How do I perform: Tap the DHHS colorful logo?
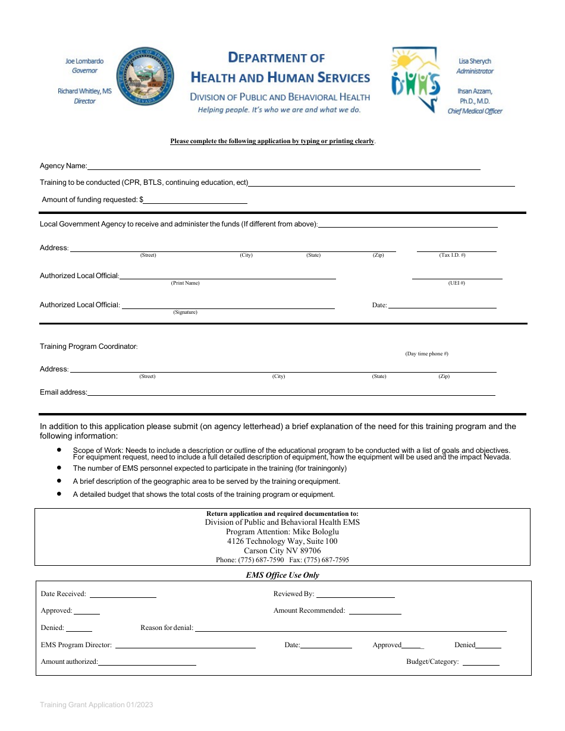coord(416,80)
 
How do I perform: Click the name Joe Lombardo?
coord(84,61)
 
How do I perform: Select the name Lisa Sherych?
coord(475,61)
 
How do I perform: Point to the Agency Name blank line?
coord(284,168)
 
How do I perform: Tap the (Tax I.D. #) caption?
coord(452,255)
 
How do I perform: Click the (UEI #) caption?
coord(456,283)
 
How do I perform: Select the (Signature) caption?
coord(185,312)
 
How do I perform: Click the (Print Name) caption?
coord(185,283)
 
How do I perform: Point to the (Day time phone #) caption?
coord(426,354)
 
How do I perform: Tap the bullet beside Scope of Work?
coord(59,450)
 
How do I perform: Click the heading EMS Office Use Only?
coord(282,575)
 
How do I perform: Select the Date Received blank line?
coord(123,596)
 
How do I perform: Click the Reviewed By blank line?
coord(356,596)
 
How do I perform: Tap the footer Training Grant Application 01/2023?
coord(96,705)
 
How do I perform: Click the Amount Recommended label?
coord(309,610)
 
